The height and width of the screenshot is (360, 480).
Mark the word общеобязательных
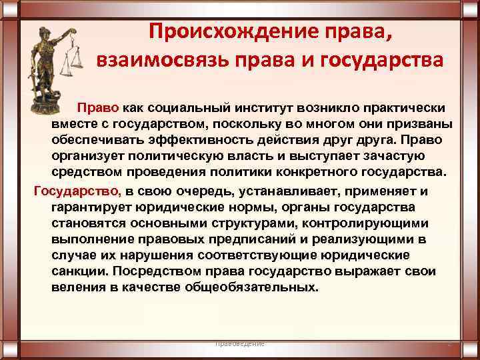point(254,288)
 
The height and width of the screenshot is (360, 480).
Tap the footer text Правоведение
point(240,343)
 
